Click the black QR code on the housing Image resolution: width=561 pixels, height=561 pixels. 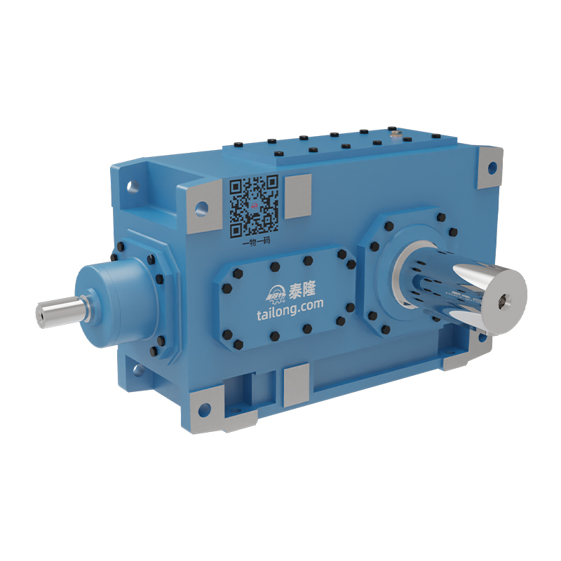tap(255, 205)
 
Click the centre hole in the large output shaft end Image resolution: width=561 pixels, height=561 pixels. tap(503, 302)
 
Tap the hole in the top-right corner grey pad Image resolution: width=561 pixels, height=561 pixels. tap(492, 168)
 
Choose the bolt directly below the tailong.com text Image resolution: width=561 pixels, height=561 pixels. tap(307, 327)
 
